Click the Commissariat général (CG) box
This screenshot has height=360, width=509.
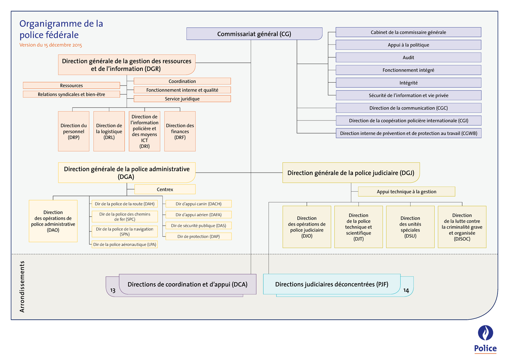click(x=254, y=34)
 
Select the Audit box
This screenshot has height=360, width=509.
click(x=408, y=58)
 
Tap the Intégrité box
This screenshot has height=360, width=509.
click(x=408, y=83)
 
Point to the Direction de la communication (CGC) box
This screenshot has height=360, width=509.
click(x=408, y=108)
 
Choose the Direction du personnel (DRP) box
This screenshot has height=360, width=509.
click(x=73, y=131)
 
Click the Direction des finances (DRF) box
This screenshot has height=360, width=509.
click(x=180, y=131)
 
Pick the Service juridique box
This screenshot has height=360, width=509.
click(x=182, y=99)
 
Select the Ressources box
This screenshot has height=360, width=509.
click(x=71, y=86)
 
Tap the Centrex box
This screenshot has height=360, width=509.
click(x=165, y=190)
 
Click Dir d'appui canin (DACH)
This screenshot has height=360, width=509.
click(x=199, y=204)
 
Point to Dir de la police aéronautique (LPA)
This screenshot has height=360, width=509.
click(x=125, y=244)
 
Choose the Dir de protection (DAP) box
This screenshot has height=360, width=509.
click(x=199, y=237)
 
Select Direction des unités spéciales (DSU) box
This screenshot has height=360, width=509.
click(x=410, y=227)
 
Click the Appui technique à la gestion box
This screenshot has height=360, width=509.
click(x=406, y=192)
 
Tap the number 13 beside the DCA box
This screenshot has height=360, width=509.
click(x=112, y=290)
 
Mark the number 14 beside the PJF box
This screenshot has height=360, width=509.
click(x=406, y=290)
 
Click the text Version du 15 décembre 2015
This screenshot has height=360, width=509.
click(x=51, y=45)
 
